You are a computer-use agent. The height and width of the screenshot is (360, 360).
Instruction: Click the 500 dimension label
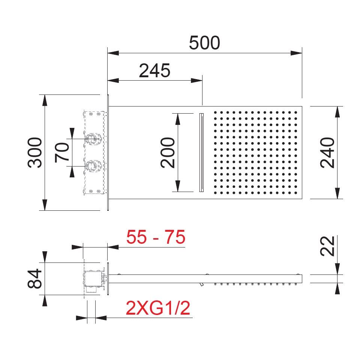(204, 43)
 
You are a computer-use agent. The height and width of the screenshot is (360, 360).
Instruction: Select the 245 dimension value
(154, 70)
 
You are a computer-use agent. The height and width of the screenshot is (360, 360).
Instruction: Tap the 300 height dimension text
(35, 153)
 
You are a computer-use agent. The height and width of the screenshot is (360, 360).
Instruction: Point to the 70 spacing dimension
(62, 153)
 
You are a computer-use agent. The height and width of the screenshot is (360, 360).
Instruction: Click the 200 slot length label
(168, 153)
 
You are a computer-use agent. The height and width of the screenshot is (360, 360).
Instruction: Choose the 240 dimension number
(327, 153)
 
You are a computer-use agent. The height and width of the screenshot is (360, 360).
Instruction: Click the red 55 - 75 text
(156, 237)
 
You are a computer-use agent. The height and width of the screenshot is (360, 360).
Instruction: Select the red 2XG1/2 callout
(158, 308)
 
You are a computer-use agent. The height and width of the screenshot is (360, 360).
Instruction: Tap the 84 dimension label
(34, 279)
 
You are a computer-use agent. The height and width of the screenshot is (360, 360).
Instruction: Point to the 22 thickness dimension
(327, 246)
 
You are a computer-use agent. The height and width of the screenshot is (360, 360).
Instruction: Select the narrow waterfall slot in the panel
(201, 153)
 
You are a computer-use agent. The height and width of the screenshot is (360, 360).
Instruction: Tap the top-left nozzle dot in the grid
(215, 112)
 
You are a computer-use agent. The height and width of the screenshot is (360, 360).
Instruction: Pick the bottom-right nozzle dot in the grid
(296, 193)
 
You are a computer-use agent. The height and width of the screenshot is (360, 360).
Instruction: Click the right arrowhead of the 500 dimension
(296, 53)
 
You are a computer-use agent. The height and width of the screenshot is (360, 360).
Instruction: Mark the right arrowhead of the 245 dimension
(196, 81)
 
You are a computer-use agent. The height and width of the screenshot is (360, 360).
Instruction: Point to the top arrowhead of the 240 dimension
(337, 112)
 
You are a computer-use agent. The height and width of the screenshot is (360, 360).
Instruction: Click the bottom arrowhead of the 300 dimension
(45, 205)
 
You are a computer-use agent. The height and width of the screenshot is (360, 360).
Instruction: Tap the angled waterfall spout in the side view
(201, 285)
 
